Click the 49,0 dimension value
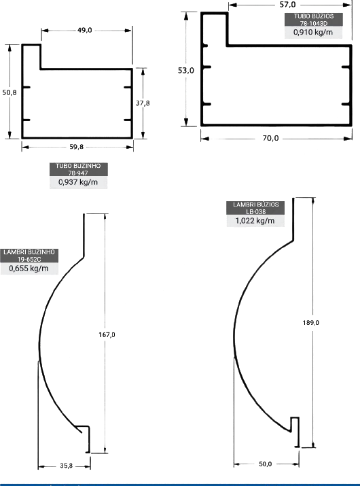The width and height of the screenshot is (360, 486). click(x=85, y=30)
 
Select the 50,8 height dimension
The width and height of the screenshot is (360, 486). click(x=10, y=92)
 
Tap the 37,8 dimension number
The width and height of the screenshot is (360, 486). click(x=143, y=103)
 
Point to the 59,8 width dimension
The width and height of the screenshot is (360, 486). click(x=76, y=147)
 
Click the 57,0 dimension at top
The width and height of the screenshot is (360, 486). click(x=287, y=5)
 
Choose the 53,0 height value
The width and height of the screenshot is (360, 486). click(x=186, y=71)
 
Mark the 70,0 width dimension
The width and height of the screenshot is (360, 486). click(x=270, y=138)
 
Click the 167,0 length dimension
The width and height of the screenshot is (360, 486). click(x=107, y=334)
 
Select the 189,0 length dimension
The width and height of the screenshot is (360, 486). click(x=310, y=323)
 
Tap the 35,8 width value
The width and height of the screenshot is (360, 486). click(x=66, y=466)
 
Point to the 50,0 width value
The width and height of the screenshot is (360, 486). click(x=265, y=464)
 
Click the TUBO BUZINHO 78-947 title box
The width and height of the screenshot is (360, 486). click(x=78, y=169)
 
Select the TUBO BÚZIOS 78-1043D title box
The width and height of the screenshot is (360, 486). click(x=314, y=20)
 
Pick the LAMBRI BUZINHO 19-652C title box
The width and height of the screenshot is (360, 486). click(x=29, y=256)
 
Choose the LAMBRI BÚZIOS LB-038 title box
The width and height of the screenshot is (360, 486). click(x=255, y=208)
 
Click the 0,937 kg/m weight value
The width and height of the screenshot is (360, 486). click(x=78, y=182)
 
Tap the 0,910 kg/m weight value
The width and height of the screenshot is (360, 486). click(x=313, y=32)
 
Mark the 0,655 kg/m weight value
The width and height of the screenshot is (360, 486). click(x=29, y=268)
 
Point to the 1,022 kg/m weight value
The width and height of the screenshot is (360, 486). click(x=255, y=221)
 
